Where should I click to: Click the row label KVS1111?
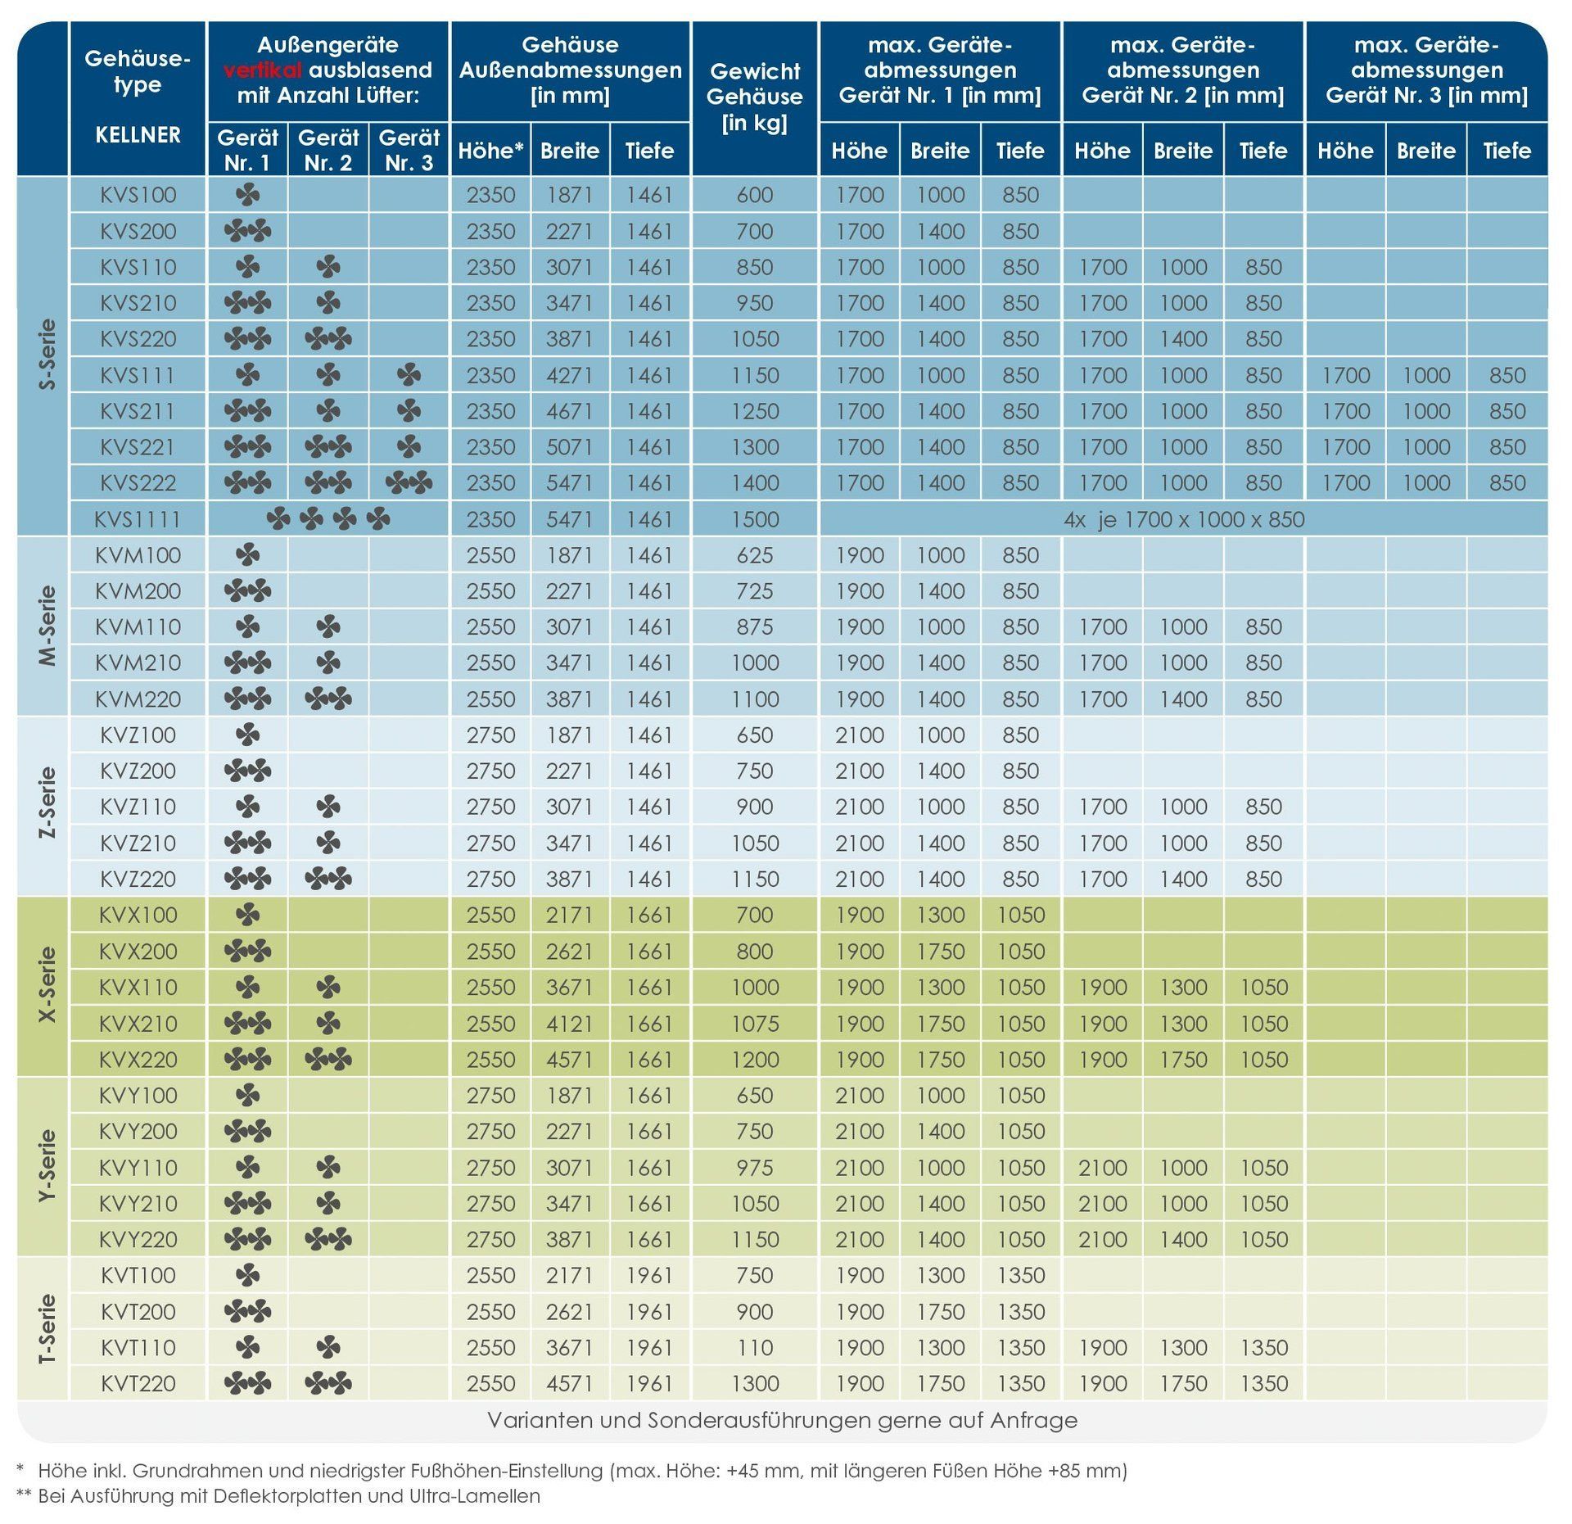pyautogui.click(x=138, y=519)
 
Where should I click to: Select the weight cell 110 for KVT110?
pyautogui.click(x=754, y=1347)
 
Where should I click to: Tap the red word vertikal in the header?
pyautogui.click(x=263, y=70)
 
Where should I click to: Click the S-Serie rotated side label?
pyautogui.click(x=48, y=355)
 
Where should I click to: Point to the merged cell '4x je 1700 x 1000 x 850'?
pyautogui.click(x=1184, y=519)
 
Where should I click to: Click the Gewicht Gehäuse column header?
pyautogui.click(x=754, y=97)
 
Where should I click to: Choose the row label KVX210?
pyautogui.click(x=138, y=1024)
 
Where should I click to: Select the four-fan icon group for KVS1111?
pyautogui.click(x=327, y=519)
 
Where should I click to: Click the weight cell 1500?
pyautogui.click(x=754, y=519)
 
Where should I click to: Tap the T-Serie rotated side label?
pyautogui.click(x=48, y=1329)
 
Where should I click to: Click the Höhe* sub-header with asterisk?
pyautogui.click(x=490, y=151)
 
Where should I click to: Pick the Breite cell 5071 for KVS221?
pyautogui.click(x=570, y=447)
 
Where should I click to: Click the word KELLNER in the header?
pyautogui.click(x=138, y=134)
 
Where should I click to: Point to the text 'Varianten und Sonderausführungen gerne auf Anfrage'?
pyautogui.click(x=782, y=1420)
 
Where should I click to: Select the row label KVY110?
pyautogui.click(x=138, y=1168)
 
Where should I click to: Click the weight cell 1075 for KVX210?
pyautogui.click(x=754, y=1024)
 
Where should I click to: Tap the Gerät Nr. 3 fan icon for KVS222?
pyautogui.click(x=409, y=483)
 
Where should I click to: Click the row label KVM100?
pyautogui.click(x=138, y=555)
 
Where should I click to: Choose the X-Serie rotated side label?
pyautogui.click(x=48, y=985)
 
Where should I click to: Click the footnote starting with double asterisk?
pyautogui.click(x=278, y=1496)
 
